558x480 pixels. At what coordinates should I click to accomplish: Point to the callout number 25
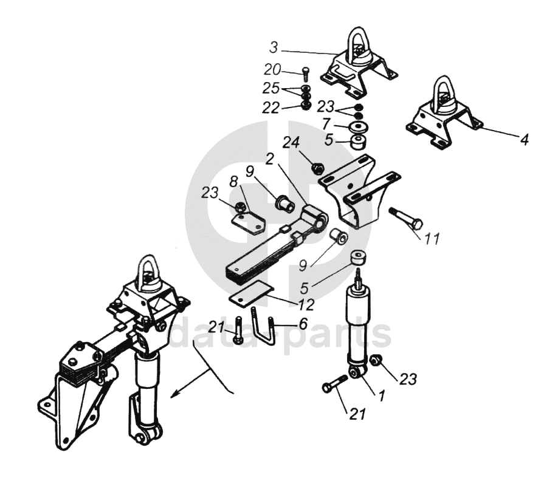point(271,89)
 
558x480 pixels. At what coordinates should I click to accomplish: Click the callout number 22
point(272,108)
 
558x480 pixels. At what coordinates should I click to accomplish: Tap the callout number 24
point(291,143)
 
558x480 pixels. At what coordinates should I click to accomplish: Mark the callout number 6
point(302,324)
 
